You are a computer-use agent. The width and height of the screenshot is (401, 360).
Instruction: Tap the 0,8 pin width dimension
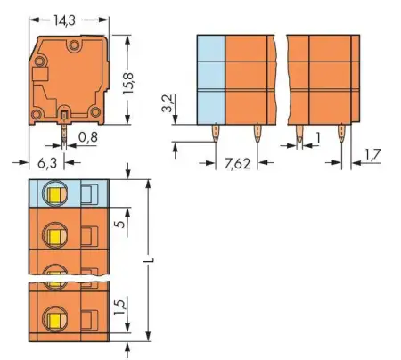tap(87, 136)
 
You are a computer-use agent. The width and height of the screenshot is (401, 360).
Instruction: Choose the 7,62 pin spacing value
tap(237, 163)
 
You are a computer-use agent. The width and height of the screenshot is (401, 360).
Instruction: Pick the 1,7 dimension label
tap(373, 156)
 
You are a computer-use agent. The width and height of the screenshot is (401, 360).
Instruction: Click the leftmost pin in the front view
tap(217, 134)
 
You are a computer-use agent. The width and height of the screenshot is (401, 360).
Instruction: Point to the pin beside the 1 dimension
tap(299, 135)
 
